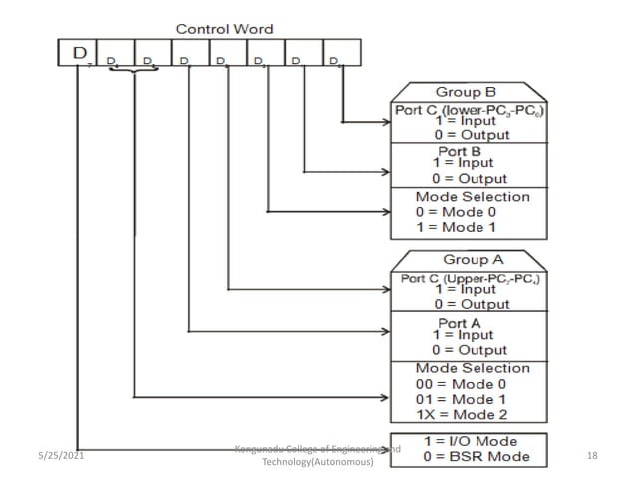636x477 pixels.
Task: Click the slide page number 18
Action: [x=593, y=455]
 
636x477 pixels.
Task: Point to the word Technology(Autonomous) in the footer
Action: [x=317, y=463]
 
